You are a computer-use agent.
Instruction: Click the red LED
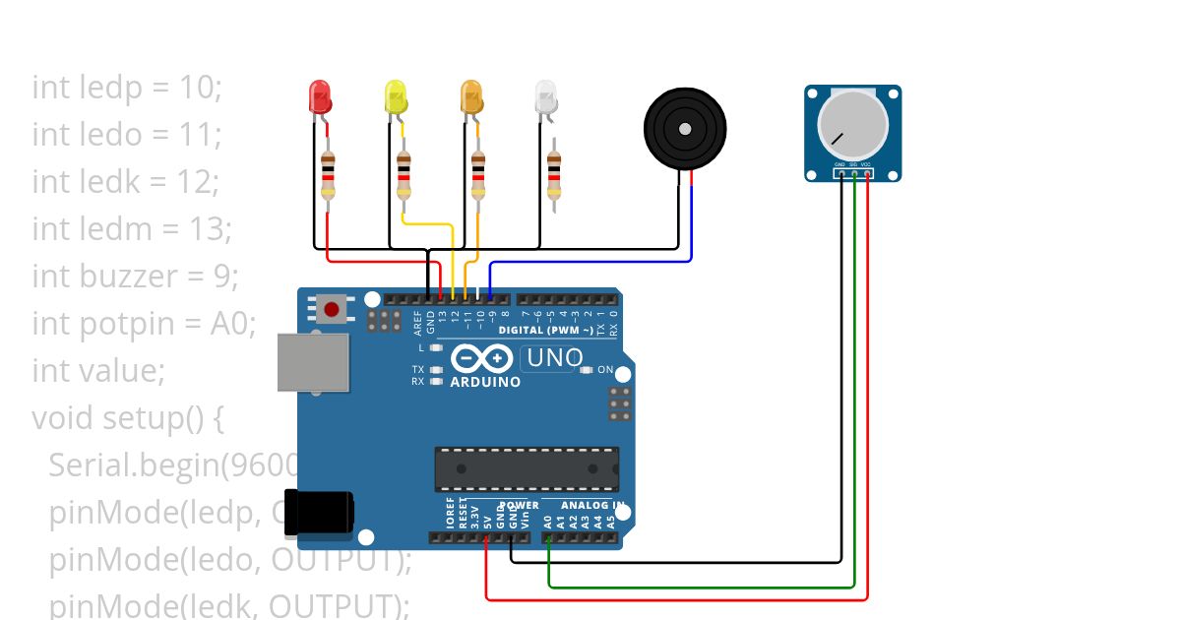(320, 96)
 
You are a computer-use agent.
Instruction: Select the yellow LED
(395, 97)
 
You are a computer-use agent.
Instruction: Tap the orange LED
(472, 96)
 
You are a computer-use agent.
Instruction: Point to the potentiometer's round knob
(852, 126)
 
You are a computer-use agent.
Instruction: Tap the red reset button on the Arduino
(332, 310)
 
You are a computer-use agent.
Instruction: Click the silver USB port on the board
(313, 363)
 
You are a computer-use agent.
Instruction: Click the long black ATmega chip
(528, 468)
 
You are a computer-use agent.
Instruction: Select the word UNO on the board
(555, 358)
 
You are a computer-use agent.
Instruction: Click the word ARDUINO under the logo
(485, 382)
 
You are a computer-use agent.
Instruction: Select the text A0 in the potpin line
(231, 323)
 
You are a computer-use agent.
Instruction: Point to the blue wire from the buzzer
(590, 262)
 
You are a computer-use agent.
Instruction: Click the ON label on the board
(605, 370)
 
